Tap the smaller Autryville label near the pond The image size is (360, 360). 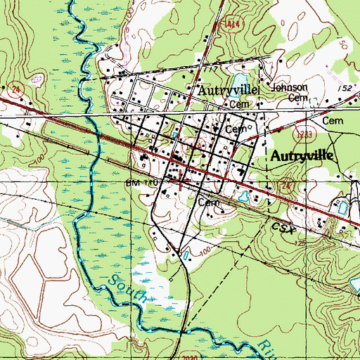click(229, 91)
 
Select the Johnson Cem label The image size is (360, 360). click(290, 92)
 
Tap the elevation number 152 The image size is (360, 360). click(324, 88)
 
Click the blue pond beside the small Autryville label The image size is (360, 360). click(237, 78)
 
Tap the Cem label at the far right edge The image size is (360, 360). click(331, 121)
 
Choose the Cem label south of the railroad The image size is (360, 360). click(206, 201)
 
